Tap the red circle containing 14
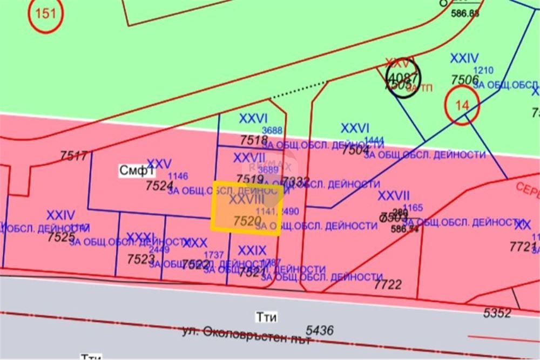point(462,106)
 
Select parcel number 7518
point(254,141)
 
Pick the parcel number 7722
point(388,284)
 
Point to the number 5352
point(497,313)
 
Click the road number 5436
point(320,330)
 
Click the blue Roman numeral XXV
point(159,164)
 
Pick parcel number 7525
point(61,236)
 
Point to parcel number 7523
point(141,259)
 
